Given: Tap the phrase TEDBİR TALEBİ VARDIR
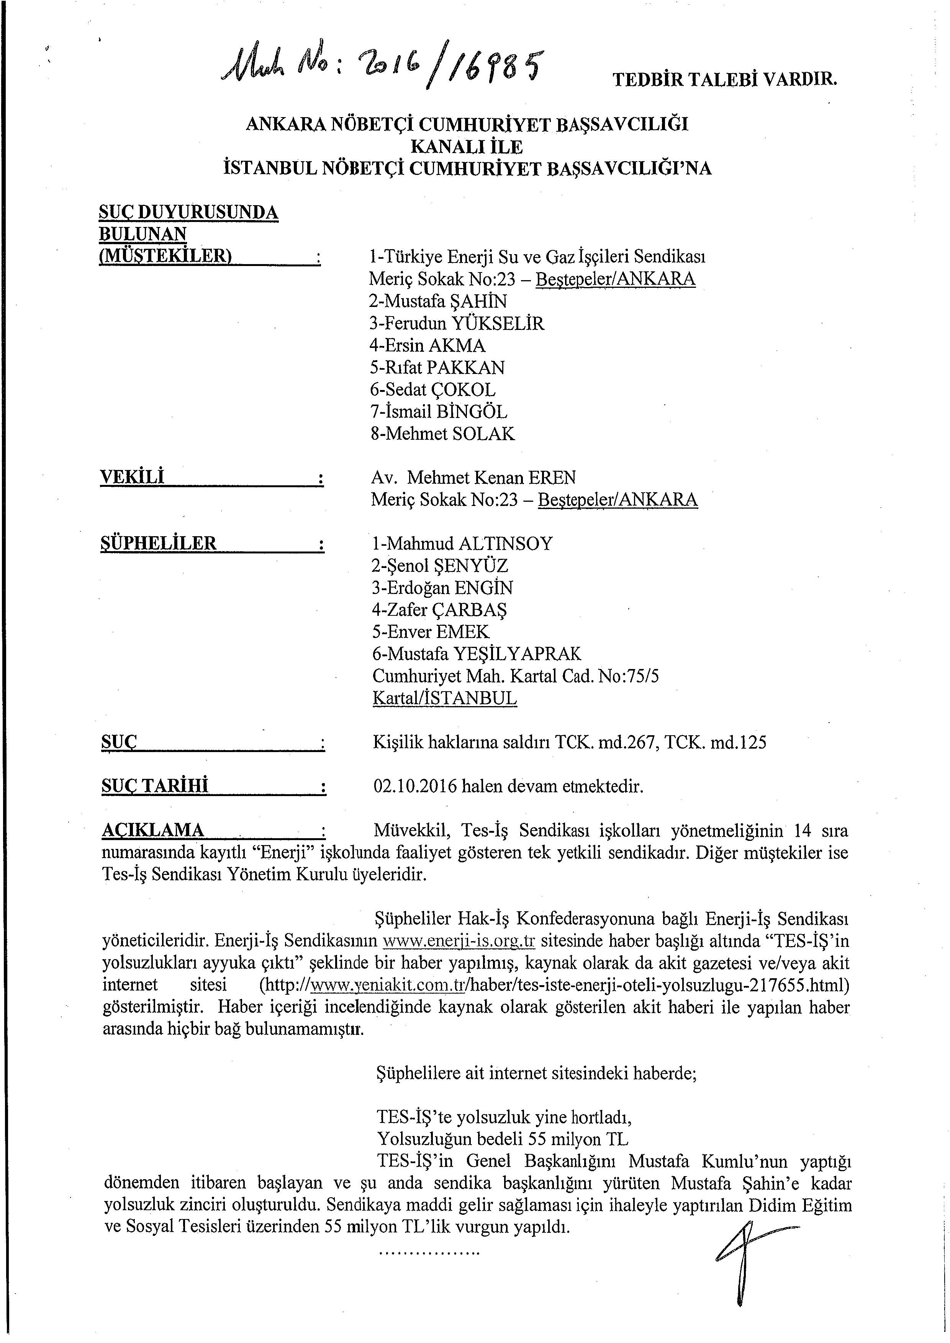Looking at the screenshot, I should pos(725,80).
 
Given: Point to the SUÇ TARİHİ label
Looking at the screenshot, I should pos(155,786).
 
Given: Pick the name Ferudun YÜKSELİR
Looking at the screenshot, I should pos(457,323).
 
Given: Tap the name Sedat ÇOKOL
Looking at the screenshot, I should pos(433,390).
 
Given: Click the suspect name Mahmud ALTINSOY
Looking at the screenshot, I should pos(462,543).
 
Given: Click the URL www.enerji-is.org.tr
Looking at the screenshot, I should pos(459,941).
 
